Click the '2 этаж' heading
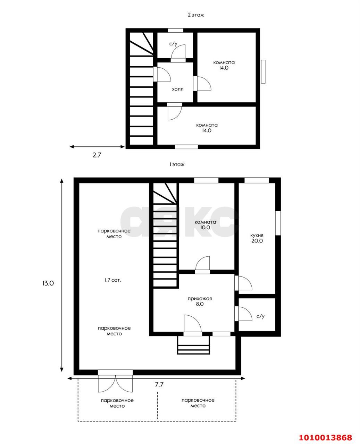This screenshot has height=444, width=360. click(x=195, y=15)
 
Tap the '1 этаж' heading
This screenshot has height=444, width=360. click(x=177, y=164)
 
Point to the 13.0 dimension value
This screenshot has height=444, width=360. click(x=48, y=283)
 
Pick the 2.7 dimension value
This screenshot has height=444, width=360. click(x=97, y=155)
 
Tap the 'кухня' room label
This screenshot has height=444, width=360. click(x=257, y=235)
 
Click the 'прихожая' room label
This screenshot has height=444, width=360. click(x=200, y=299)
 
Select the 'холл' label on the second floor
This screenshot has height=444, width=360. click(x=178, y=89)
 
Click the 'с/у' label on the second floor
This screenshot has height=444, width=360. click(x=173, y=44)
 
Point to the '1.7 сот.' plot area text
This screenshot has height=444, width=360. click(x=113, y=280)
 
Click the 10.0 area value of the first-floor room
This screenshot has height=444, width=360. click(x=205, y=228)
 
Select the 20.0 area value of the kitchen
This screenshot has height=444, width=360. click(x=257, y=241)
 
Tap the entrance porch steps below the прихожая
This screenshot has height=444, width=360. click(x=193, y=345)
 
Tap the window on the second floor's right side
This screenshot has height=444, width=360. click(x=263, y=72)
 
